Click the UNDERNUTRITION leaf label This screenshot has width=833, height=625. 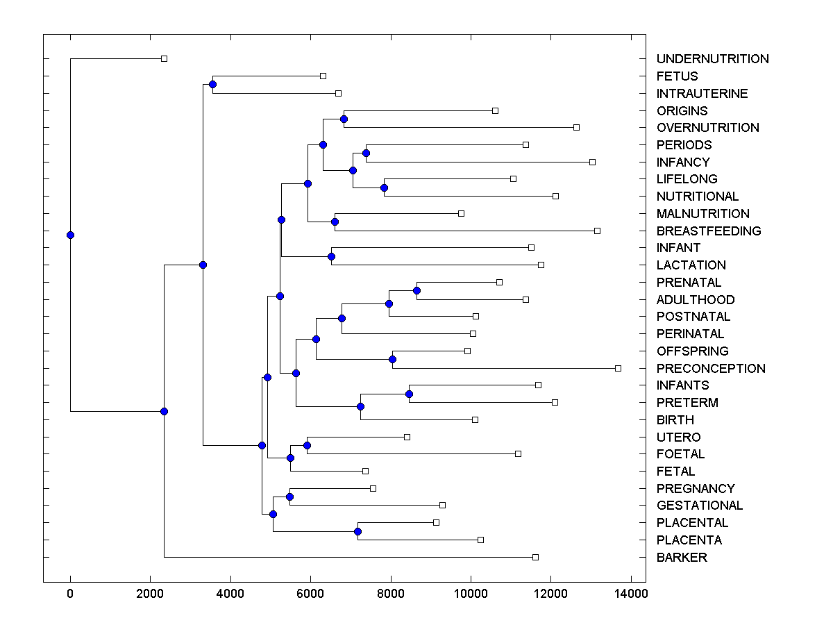point(712,59)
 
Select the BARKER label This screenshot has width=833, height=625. point(682,558)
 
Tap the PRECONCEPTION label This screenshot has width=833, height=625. point(711,369)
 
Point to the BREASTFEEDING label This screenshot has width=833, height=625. point(709,231)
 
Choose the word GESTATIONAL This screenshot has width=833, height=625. point(700,506)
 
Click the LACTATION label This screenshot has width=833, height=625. point(691,265)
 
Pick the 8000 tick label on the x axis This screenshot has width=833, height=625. point(391,594)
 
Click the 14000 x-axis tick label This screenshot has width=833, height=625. point(631,594)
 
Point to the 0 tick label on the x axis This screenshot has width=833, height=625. point(70,594)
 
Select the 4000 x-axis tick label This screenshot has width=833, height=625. point(230,594)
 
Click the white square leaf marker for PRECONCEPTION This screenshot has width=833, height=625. point(618,368)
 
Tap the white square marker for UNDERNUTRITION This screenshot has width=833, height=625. point(164,58)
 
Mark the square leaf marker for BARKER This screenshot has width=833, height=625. point(535,557)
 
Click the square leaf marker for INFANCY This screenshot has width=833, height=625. point(592,162)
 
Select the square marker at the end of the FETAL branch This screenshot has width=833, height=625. point(365,471)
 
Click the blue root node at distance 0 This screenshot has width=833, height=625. point(70,235)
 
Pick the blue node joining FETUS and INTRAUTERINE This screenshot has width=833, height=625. point(212,84)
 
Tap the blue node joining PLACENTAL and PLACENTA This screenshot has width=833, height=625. point(357,531)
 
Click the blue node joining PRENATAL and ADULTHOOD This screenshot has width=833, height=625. point(416,290)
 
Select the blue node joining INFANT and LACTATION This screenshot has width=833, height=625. point(331,256)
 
